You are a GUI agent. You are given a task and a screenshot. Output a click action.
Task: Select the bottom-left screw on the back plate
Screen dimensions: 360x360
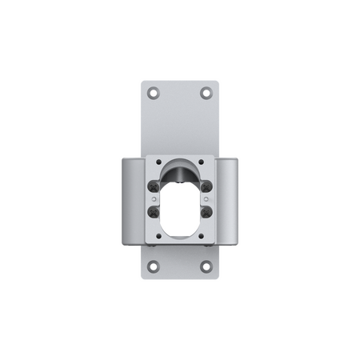pyautogui.click(x=154, y=266)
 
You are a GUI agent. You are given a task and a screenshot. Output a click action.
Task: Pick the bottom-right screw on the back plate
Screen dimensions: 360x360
pyautogui.click(x=206, y=266)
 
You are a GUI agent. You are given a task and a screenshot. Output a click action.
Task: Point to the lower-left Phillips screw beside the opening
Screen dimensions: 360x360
pyautogui.click(x=154, y=212)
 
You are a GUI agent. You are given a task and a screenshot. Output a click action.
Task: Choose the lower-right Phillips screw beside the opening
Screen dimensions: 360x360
pyautogui.click(x=206, y=212)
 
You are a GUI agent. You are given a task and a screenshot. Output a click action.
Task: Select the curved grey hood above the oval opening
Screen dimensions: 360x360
pyautogui.click(x=180, y=170)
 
